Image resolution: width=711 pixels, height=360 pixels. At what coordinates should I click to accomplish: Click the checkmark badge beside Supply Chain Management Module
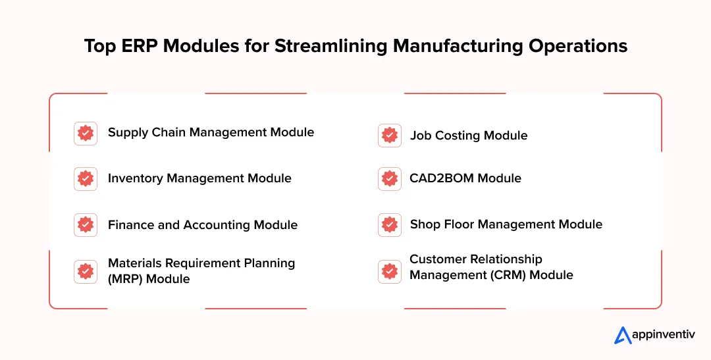pyautogui.click(x=86, y=133)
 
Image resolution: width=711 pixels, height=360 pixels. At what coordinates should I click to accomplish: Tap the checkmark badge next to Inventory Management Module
pyautogui.click(x=86, y=179)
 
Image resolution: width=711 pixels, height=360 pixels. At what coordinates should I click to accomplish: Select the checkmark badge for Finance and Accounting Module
pyautogui.click(x=86, y=225)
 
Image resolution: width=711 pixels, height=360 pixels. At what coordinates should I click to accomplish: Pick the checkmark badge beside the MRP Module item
pyautogui.click(x=86, y=271)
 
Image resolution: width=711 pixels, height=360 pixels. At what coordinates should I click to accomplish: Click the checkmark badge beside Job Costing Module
pyautogui.click(x=390, y=136)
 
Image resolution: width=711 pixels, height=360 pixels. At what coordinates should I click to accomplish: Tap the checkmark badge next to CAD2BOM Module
pyautogui.click(x=390, y=179)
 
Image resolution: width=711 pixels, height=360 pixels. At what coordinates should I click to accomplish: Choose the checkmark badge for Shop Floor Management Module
pyautogui.click(x=390, y=225)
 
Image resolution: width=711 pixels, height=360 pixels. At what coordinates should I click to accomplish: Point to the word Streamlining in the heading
pyautogui.click(x=332, y=46)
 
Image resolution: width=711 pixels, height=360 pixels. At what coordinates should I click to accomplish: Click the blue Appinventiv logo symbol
pyautogui.click(x=623, y=336)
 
